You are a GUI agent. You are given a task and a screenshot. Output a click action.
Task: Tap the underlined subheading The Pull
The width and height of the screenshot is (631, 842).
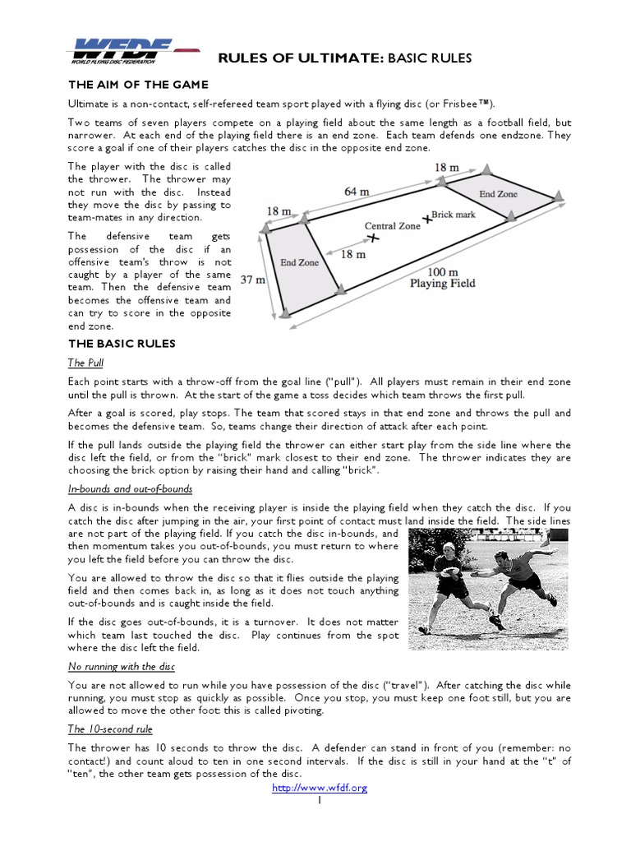pos(85,363)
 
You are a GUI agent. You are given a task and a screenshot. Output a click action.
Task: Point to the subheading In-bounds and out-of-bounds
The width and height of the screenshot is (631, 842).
pos(130,488)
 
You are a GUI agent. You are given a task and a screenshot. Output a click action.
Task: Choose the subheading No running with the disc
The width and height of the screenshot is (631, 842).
pos(121,666)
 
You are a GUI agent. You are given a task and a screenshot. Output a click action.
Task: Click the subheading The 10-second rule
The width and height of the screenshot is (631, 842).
pos(109,729)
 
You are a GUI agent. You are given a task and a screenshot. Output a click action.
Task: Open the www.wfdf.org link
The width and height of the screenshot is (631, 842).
pos(320,788)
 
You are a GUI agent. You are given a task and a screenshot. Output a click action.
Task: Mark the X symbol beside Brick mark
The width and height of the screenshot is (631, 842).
pos(426,218)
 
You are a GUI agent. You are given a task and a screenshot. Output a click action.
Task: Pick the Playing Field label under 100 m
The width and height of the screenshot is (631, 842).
pos(442,284)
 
